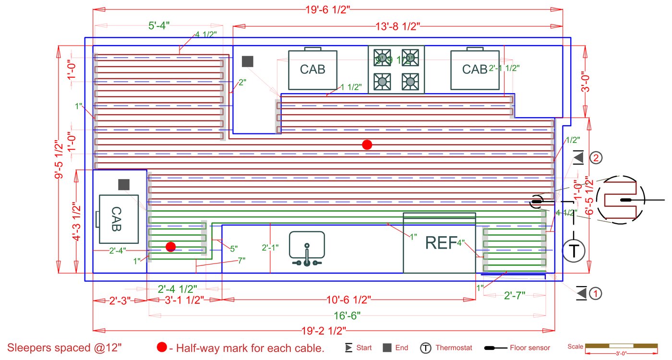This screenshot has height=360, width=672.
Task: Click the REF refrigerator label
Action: click(x=440, y=243)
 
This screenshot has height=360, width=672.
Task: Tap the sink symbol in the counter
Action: click(x=307, y=249)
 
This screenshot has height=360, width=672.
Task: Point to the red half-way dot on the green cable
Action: click(x=170, y=247)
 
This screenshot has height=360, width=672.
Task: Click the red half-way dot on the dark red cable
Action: click(x=367, y=144)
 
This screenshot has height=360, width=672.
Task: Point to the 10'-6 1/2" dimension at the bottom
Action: click(x=348, y=300)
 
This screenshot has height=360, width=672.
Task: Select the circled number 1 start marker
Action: click(x=595, y=293)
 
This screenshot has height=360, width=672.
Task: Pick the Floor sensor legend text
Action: click(x=530, y=348)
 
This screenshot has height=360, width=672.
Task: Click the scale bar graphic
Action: click(x=622, y=346)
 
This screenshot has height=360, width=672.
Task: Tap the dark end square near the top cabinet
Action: click(x=247, y=61)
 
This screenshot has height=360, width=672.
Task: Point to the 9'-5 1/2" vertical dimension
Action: click(x=59, y=159)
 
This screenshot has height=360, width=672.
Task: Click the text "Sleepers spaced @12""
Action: click(x=65, y=348)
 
